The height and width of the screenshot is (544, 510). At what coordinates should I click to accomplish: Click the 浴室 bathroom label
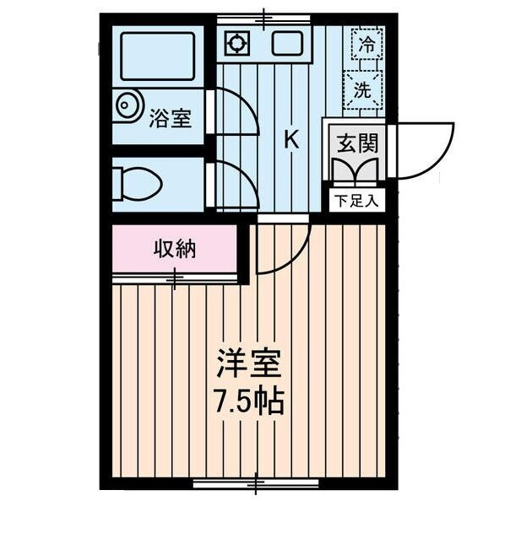(x=171, y=118)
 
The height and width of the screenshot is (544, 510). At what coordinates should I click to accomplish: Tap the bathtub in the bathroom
(x=158, y=57)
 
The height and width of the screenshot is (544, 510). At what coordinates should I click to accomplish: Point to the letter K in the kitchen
(x=290, y=140)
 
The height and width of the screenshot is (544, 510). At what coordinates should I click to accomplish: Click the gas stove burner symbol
(x=236, y=43)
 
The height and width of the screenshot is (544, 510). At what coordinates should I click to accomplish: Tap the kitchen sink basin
(x=285, y=43)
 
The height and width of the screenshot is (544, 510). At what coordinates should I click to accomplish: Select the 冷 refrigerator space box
(x=366, y=45)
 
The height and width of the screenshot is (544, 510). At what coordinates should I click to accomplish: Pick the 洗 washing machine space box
(x=363, y=89)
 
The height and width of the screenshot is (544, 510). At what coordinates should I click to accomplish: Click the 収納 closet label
(x=175, y=250)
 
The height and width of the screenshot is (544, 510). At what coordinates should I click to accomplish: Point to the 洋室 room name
(x=248, y=364)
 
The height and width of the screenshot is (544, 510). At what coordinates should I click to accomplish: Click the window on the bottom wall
(x=256, y=483)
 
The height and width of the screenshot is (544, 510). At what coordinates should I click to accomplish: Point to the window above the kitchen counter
(x=263, y=18)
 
